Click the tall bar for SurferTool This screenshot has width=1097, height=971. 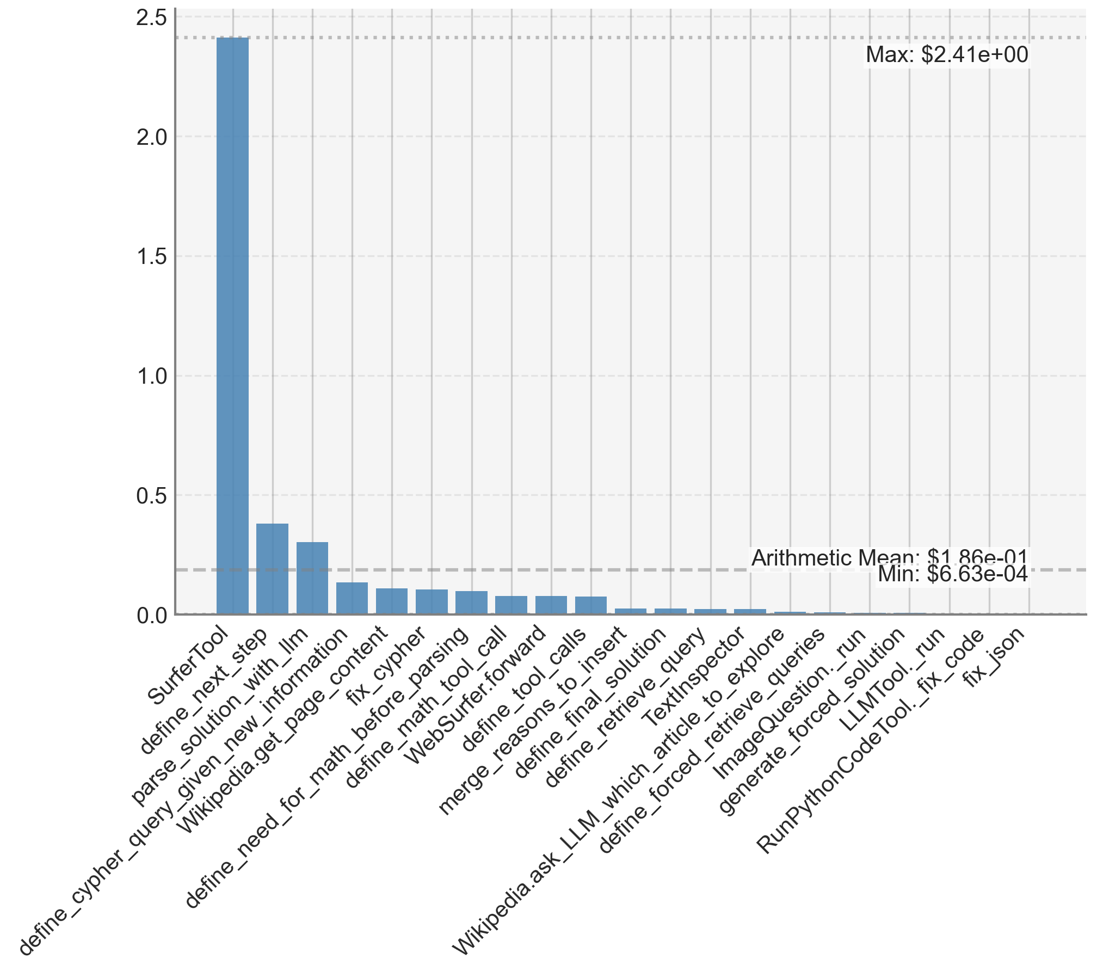click(x=232, y=327)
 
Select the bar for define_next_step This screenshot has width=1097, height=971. click(x=272, y=569)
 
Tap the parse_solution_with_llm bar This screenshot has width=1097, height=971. click(x=312, y=578)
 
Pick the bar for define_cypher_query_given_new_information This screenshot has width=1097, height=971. click(x=352, y=599)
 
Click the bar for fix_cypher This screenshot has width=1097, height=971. click(x=432, y=602)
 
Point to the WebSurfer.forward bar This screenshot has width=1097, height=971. click(x=551, y=605)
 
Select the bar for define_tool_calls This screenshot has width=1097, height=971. click(x=591, y=606)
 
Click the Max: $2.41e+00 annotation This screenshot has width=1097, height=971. click(x=947, y=55)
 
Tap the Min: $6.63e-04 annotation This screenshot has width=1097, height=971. click(x=953, y=575)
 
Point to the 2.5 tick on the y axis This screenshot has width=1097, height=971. click(x=152, y=18)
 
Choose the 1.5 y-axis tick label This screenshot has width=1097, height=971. click(x=152, y=257)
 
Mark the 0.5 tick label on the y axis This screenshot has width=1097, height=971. click(x=152, y=496)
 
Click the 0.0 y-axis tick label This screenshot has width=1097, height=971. click(x=152, y=616)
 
